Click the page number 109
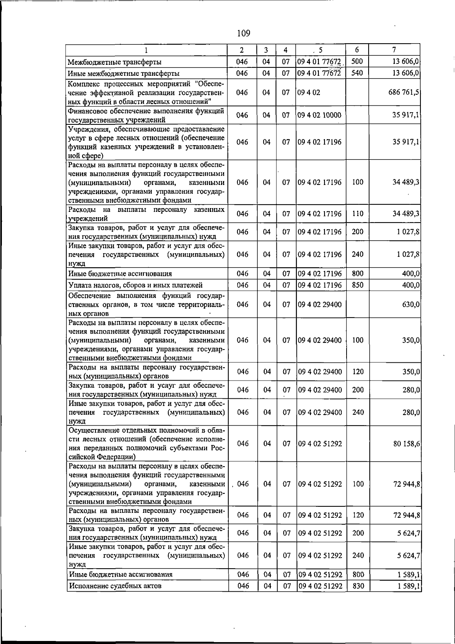[x=243, y=33]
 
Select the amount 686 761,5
[x=403, y=92]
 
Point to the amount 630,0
[x=411, y=305]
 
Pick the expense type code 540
[x=357, y=73]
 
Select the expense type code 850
[x=358, y=285]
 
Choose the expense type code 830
[x=358, y=597]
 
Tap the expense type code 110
[x=358, y=214]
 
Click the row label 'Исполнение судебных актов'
[x=115, y=597]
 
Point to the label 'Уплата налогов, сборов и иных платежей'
[x=135, y=285]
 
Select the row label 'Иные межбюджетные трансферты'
[x=124, y=74]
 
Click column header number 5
[x=320, y=50]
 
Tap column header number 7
[x=394, y=50]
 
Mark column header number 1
[x=146, y=50]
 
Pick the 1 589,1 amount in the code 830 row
[x=408, y=597]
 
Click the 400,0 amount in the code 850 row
[x=411, y=285]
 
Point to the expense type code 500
[x=357, y=61]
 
